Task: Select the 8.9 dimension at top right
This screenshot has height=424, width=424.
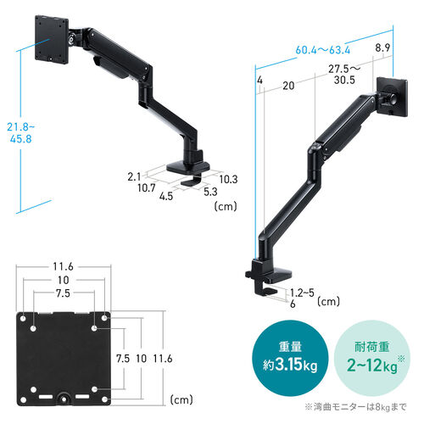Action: (x=383, y=48)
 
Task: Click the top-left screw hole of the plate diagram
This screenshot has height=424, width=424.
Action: (x=32, y=318)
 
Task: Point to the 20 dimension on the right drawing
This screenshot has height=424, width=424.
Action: (x=289, y=86)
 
